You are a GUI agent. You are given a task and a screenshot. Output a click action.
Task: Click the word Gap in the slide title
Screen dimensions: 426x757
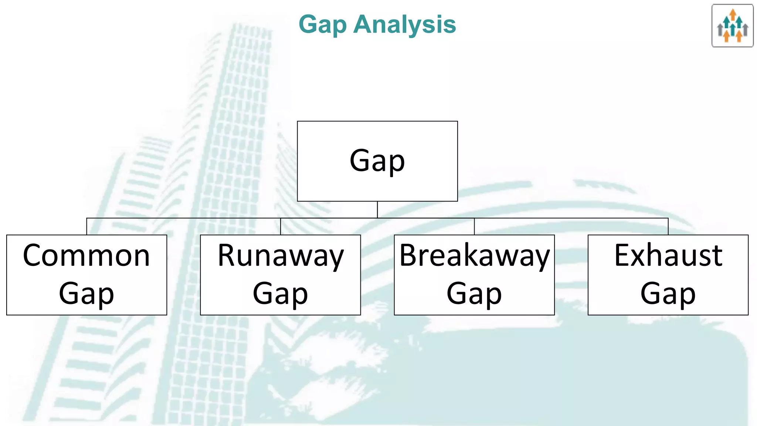322,25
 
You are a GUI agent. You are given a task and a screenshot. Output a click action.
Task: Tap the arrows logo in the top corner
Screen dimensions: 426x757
732,26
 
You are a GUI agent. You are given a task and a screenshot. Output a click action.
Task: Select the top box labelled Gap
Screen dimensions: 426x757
377,161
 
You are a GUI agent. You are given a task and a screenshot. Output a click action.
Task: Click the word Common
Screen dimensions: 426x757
86,256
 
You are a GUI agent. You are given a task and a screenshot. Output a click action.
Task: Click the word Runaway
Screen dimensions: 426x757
281,256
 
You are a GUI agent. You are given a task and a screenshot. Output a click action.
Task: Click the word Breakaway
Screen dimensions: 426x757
475,256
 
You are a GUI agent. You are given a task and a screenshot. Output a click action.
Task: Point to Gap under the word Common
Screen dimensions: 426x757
86,294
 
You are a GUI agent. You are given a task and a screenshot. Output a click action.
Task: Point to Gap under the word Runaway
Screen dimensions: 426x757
280,294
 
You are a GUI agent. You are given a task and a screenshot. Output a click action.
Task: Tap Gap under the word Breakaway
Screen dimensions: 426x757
474,294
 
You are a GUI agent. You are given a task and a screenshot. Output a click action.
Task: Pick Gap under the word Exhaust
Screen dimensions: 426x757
668,294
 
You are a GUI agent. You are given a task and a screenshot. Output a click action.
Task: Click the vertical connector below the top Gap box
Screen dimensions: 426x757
377,210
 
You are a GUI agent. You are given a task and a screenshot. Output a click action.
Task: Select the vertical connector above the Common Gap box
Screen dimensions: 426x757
86,226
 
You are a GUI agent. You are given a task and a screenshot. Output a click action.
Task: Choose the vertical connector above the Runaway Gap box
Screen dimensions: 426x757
281,226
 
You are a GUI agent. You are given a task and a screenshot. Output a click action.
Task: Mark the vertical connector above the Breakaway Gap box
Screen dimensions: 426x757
474,226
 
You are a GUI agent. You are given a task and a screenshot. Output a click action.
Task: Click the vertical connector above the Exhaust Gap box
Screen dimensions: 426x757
668,226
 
